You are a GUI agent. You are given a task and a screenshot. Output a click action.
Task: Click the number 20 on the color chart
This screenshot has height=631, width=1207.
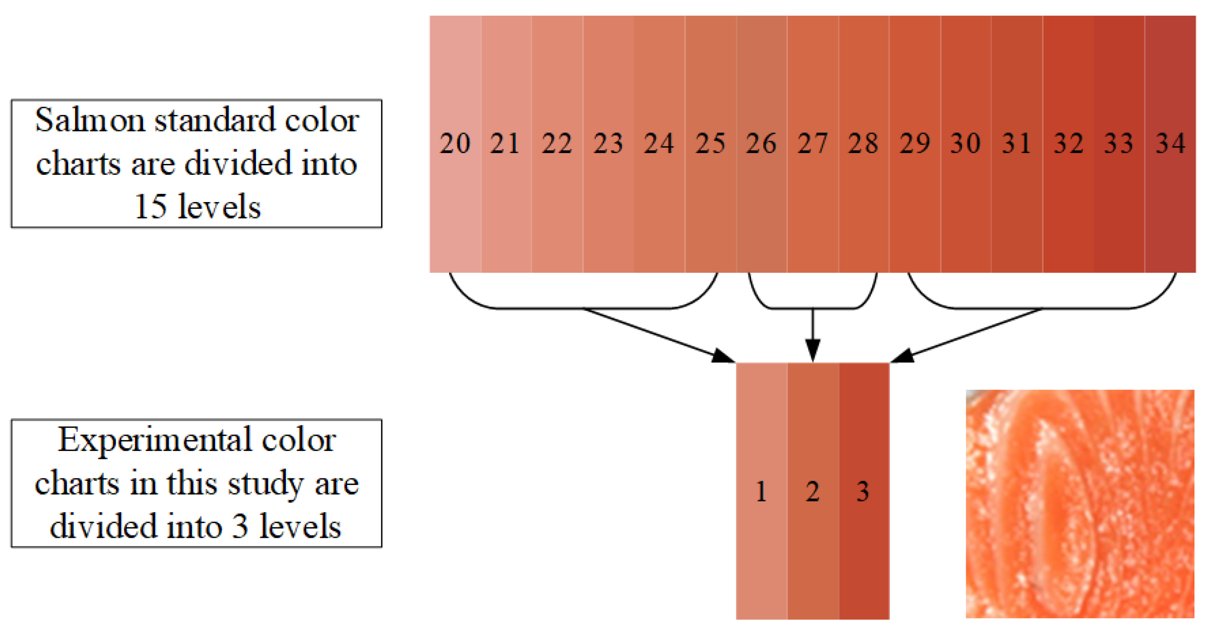pos(455,144)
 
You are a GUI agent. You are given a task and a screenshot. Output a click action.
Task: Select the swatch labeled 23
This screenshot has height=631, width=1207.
pos(608,144)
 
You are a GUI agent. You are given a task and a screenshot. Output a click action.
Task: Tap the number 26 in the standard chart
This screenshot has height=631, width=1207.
pos(761,144)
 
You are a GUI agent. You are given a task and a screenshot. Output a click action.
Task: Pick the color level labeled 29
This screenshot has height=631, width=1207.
pos(914,144)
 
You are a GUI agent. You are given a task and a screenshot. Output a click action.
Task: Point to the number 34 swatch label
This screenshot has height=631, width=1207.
pos(1171,144)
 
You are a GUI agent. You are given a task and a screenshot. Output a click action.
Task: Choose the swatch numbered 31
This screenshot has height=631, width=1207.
pos(1016,144)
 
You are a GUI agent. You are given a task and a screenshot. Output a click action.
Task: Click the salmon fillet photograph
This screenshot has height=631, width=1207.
pos(1079,503)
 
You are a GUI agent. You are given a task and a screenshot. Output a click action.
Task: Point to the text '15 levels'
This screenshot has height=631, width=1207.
pos(197,206)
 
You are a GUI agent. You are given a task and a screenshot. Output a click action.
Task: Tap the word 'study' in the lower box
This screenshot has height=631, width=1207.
pos(265,484)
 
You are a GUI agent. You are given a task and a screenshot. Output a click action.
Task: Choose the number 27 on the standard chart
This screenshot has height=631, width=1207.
pos(813,144)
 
